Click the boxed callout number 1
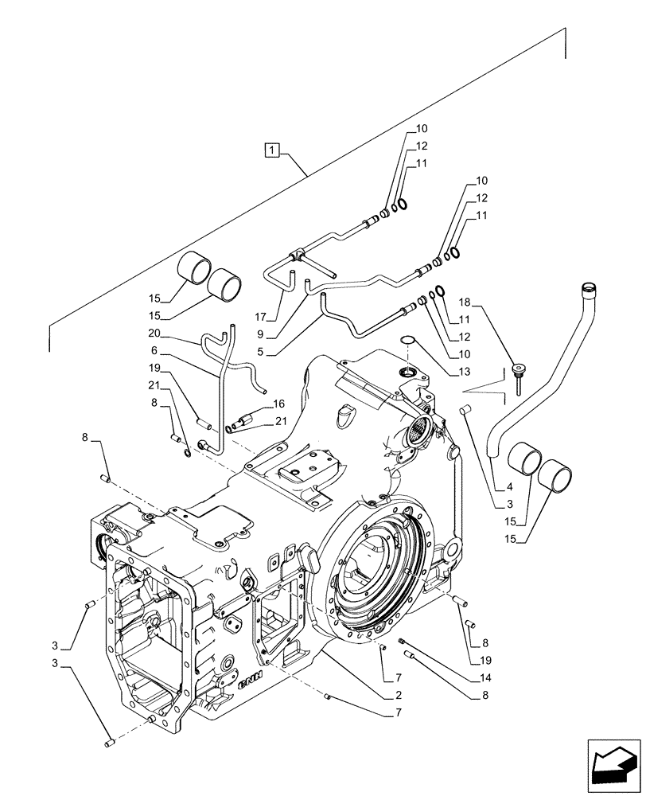click(273, 149)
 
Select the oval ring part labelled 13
click(407, 341)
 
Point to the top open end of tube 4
click(590, 287)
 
